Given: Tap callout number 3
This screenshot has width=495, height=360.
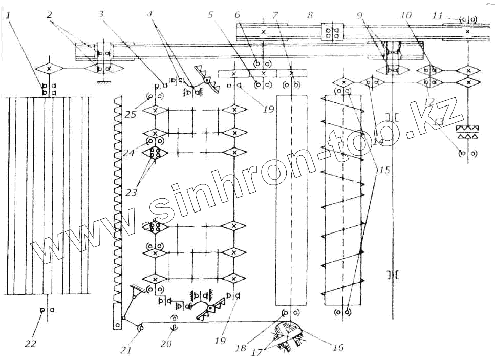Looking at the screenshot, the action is [102, 15].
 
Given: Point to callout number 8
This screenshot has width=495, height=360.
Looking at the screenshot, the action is [310, 15].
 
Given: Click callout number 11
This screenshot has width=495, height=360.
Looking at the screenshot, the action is [436, 15].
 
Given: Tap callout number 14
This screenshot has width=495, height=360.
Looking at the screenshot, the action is [379, 142].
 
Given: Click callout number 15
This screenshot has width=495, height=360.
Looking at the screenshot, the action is [383, 170].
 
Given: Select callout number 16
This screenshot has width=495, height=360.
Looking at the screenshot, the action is [337, 348].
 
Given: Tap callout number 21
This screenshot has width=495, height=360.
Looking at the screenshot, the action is [126, 350].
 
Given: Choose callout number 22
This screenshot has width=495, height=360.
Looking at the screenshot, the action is [31, 344].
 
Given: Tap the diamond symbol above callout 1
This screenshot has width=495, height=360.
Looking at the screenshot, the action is [49, 68].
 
